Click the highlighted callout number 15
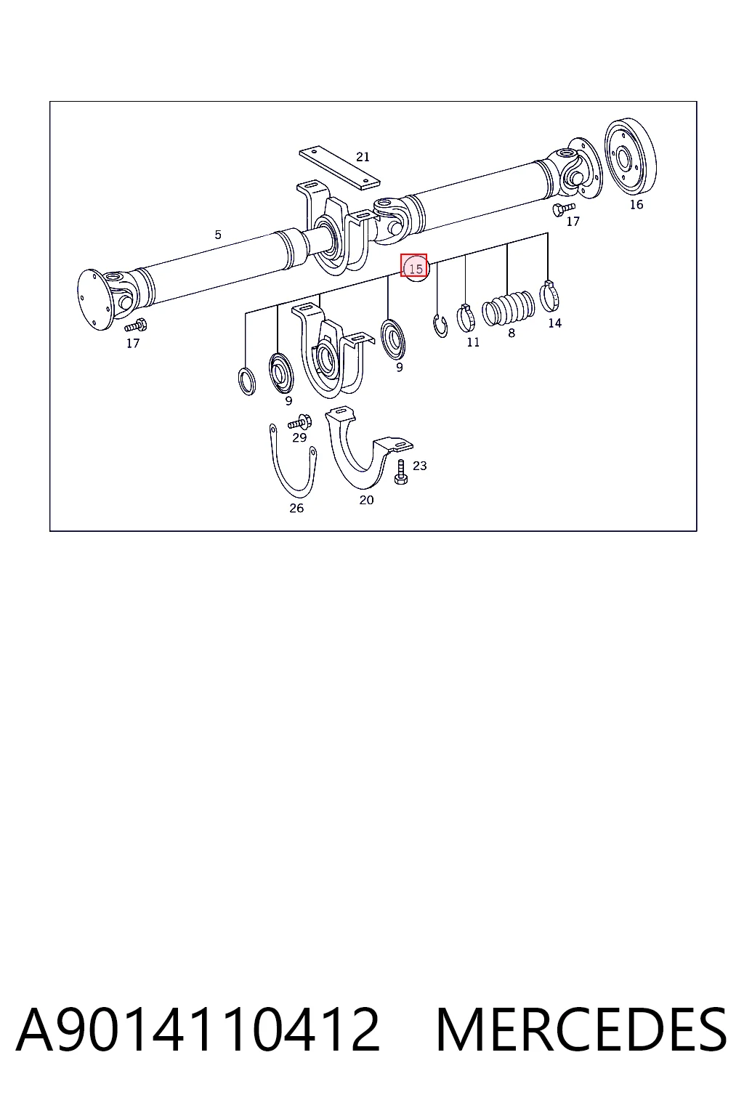(416, 269)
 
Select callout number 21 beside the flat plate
(363, 157)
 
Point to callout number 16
(636, 204)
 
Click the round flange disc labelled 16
(630, 156)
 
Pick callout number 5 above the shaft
(218, 235)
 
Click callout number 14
(554, 323)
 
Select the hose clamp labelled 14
(549, 296)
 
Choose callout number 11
(473, 342)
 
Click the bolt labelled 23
(400, 472)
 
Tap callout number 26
(296, 508)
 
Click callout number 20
(366, 500)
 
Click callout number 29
(299, 438)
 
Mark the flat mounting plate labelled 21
(339, 168)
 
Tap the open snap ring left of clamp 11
(440, 325)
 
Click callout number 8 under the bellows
(511, 333)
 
